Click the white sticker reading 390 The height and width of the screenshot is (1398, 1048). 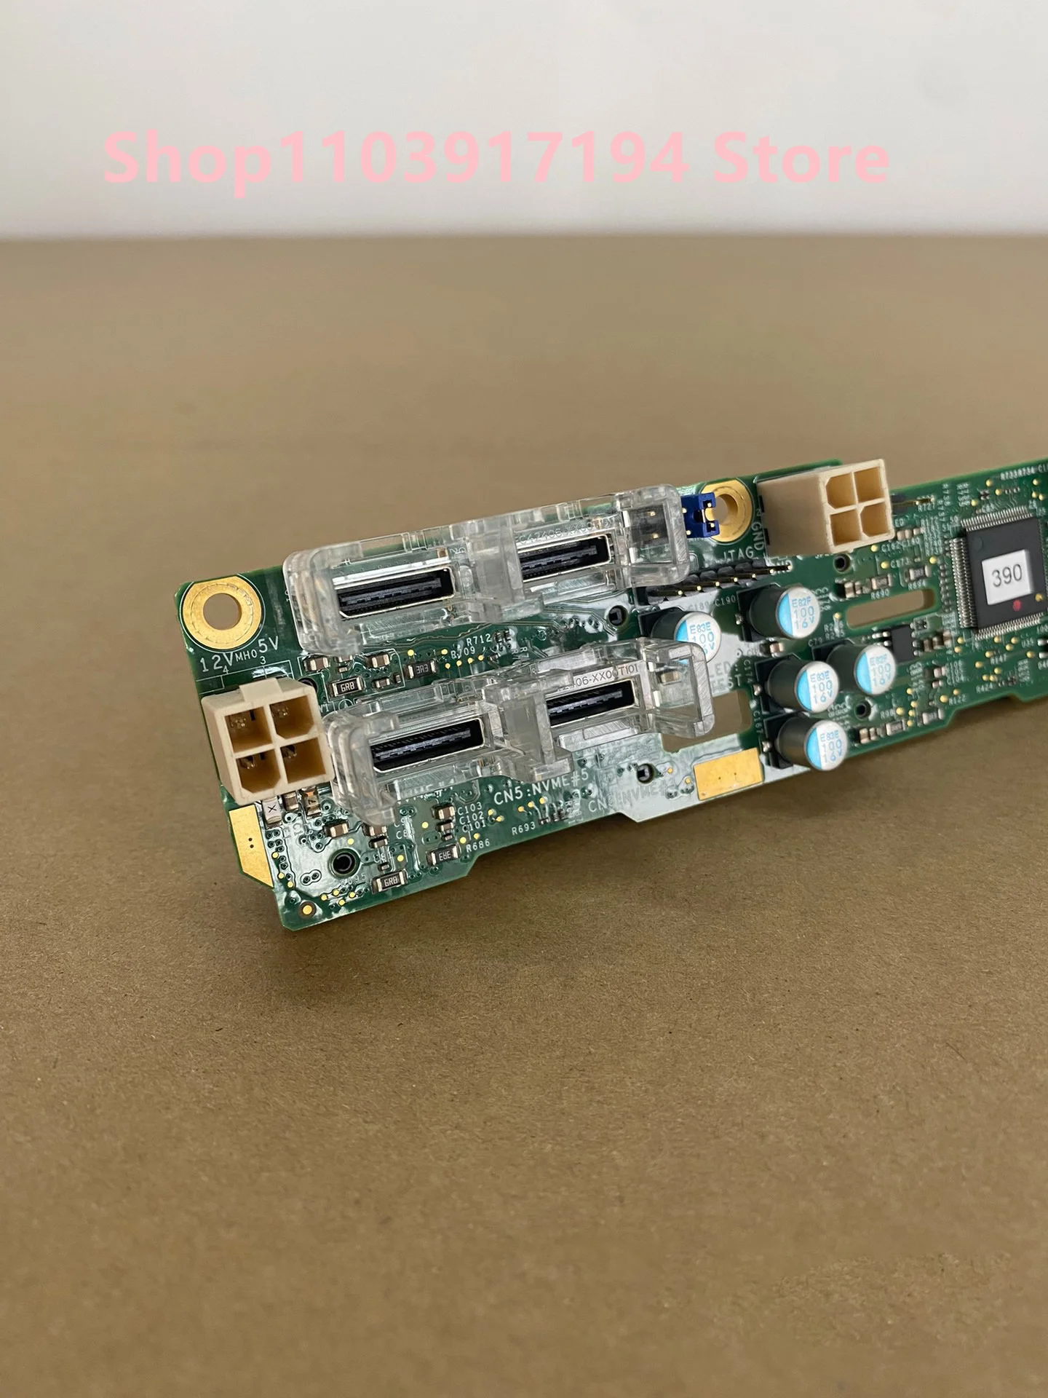point(1007,576)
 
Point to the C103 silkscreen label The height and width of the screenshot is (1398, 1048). point(470,808)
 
